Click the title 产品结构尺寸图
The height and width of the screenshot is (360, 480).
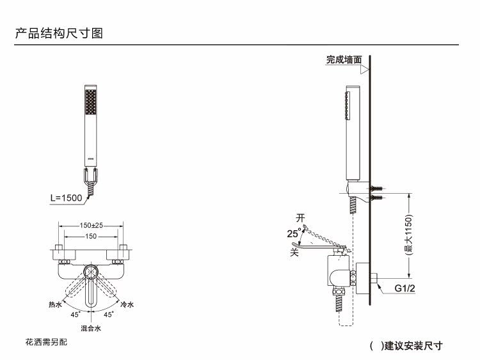click(x=59, y=33)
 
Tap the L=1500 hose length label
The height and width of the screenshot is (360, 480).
click(x=67, y=198)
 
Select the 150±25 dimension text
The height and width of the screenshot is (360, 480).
click(x=92, y=226)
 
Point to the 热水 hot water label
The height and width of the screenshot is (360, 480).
click(x=55, y=304)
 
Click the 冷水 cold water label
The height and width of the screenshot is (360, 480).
click(x=127, y=304)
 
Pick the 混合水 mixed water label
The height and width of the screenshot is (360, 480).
click(x=91, y=328)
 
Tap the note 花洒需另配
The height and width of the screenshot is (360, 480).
click(x=46, y=343)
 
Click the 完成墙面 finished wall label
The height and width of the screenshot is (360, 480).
click(x=344, y=59)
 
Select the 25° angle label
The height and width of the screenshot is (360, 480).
click(x=294, y=233)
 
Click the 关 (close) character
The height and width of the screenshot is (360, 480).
click(x=295, y=252)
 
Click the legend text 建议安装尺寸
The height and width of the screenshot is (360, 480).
click(x=412, y=346)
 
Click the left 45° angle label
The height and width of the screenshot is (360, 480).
click(x=76, y=315)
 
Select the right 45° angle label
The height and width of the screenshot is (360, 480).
click(x=108, y=315)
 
